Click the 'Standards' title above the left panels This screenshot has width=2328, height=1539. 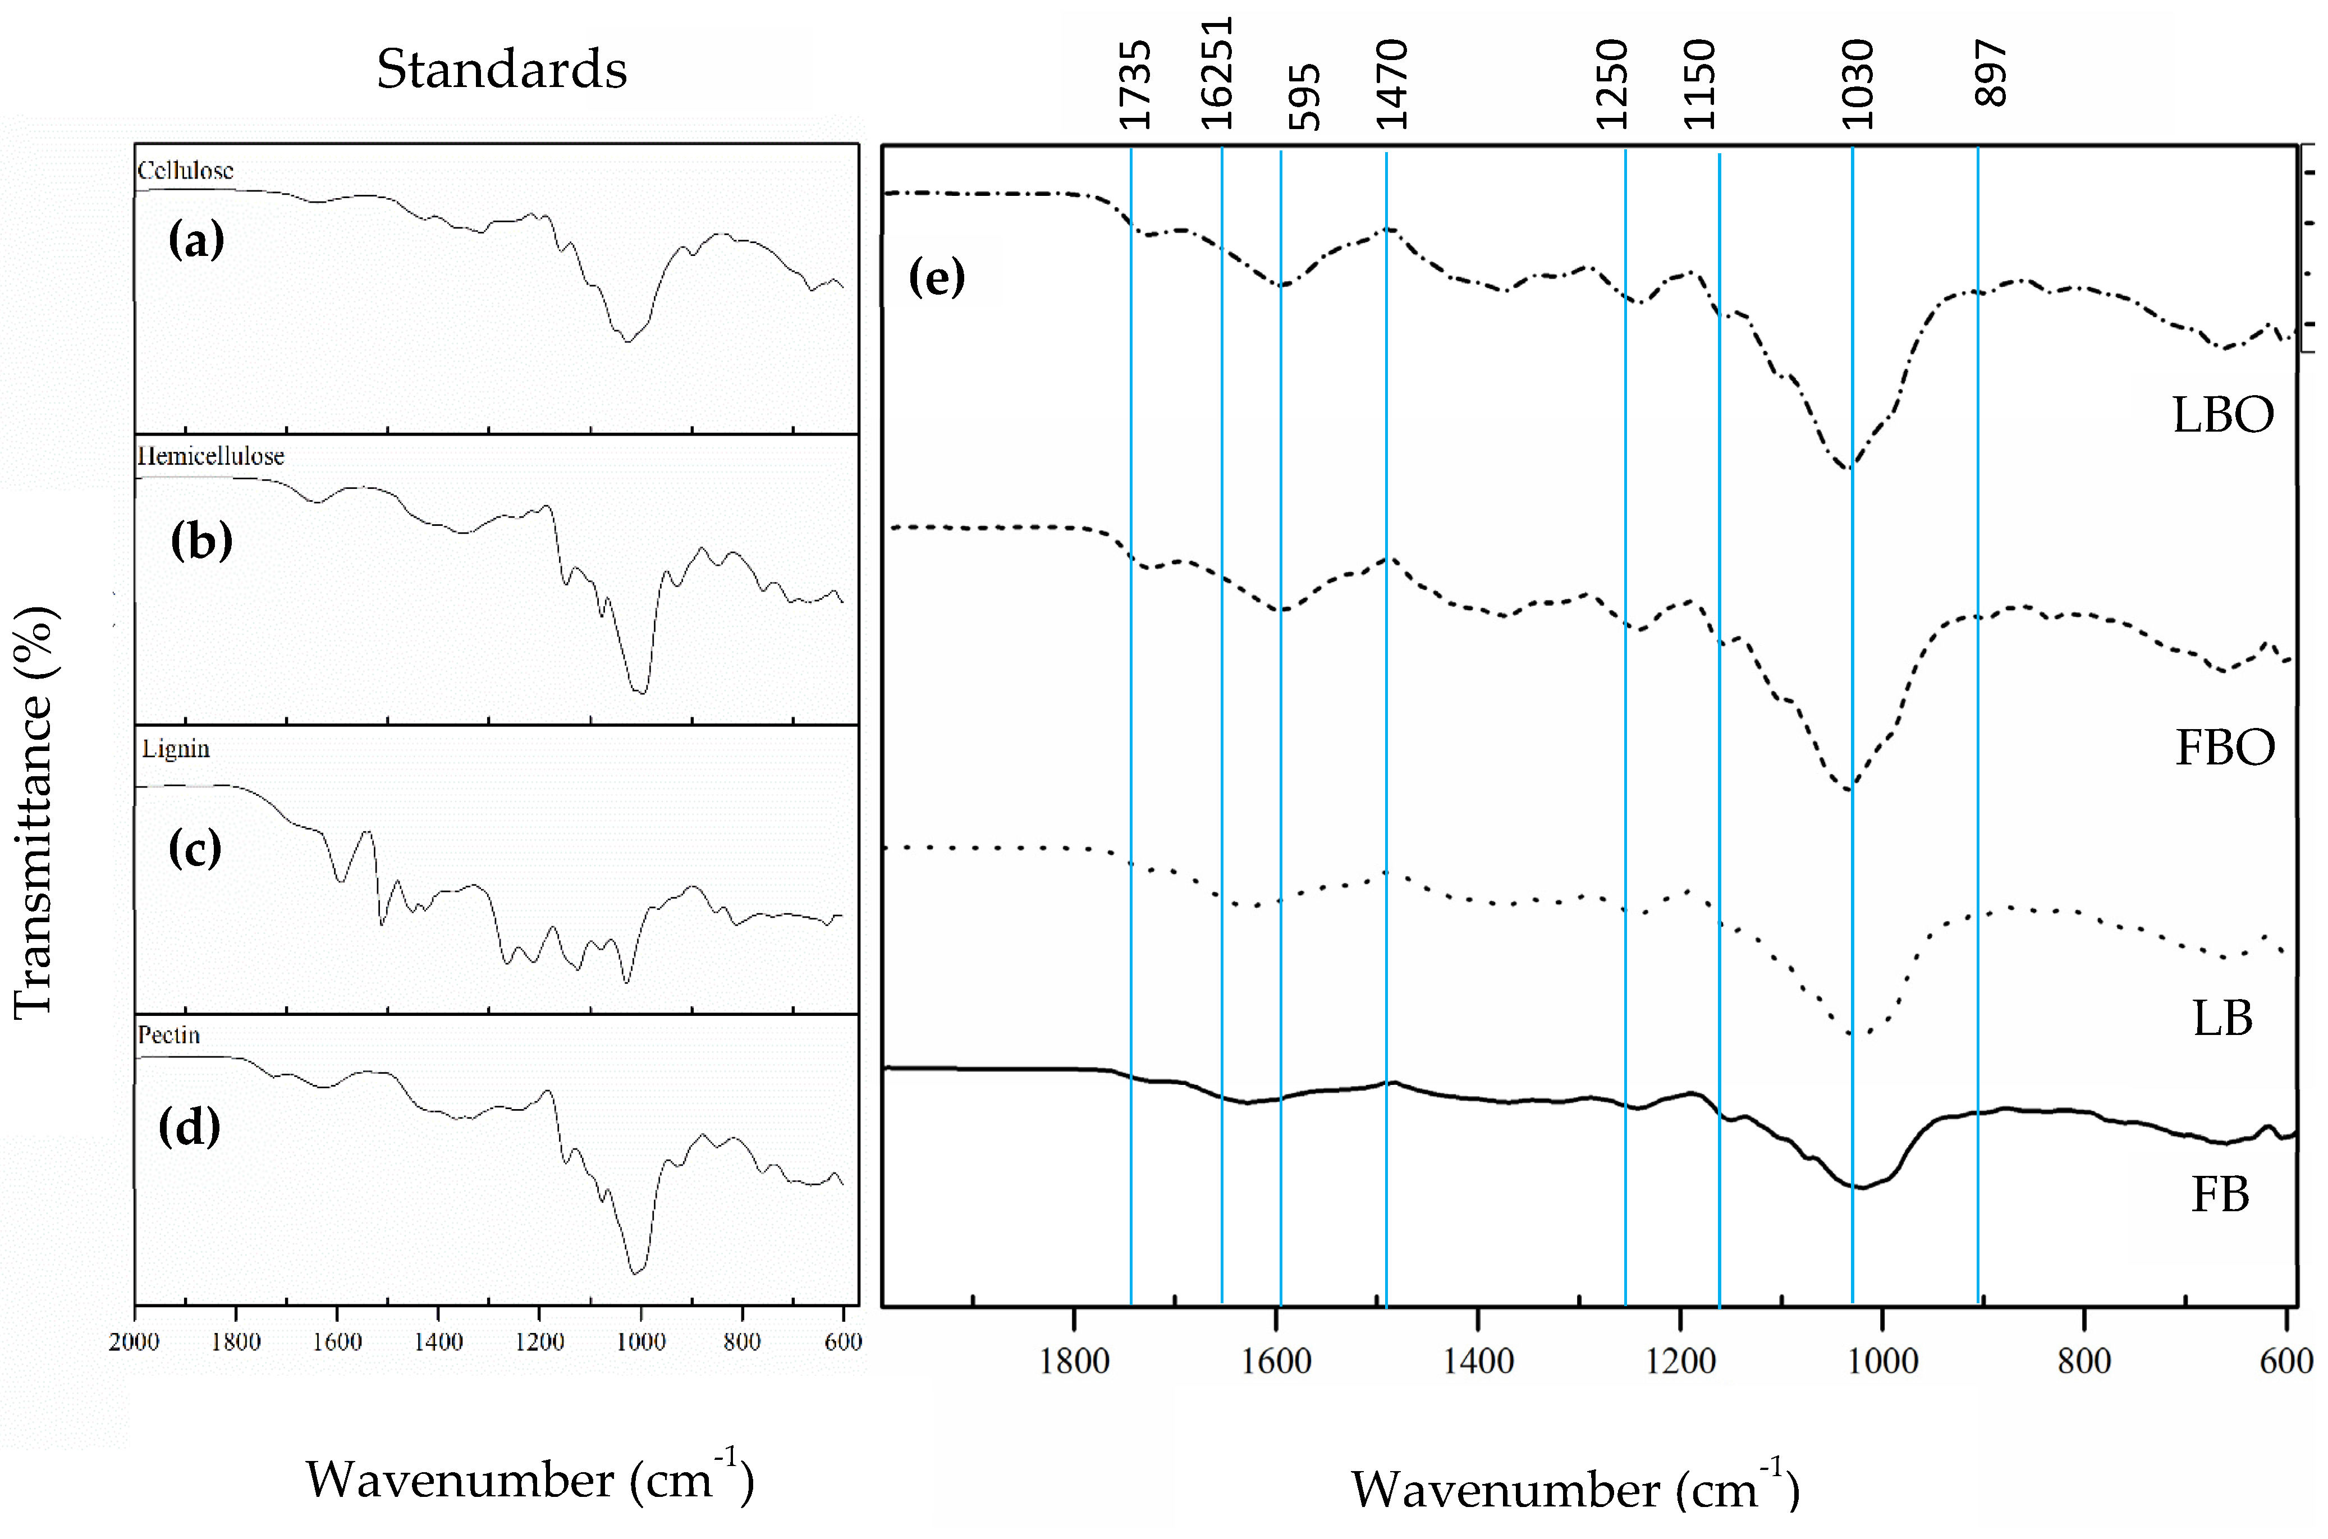(502, 70)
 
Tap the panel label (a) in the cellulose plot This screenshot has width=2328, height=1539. (196, 240)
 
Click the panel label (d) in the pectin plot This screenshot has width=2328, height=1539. (190, 1127)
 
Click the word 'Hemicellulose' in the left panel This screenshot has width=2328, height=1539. (211, 456)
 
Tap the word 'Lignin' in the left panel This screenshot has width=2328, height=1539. (176, 749)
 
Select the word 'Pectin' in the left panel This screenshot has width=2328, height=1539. (169, 1036)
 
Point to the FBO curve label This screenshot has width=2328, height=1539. (2224, 748)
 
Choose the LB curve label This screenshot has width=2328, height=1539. (2222, 1019)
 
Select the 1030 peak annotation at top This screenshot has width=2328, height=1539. (1857, 85)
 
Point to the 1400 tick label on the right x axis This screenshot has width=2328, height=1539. (1478, 1361)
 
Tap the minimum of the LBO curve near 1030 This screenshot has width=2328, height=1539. (1850, 468)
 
